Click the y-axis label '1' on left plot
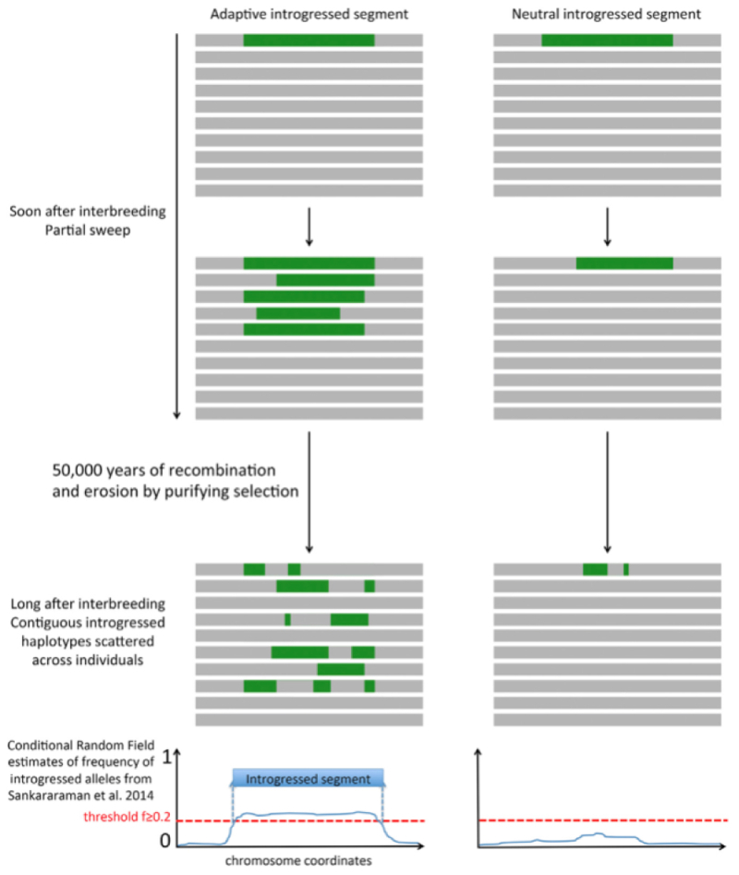coord(166,757)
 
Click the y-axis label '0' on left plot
coord(166,842)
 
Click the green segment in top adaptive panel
coord(309,40)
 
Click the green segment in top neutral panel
coord(606,40)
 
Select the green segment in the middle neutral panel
coord(624,263)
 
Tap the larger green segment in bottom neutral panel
coord(595,569)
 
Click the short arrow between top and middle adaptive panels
coord(309,226)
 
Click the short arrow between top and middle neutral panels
coord(606,226)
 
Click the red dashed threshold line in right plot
coord(600,820)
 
